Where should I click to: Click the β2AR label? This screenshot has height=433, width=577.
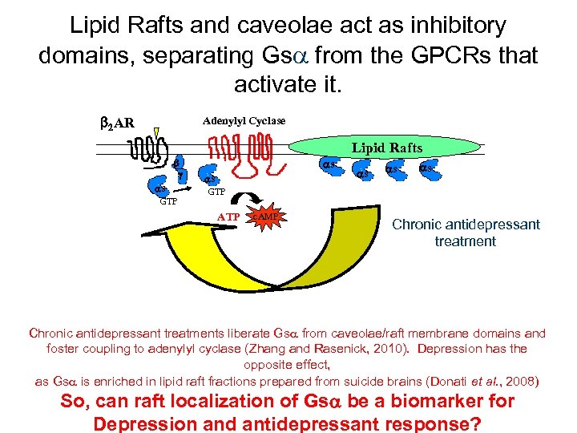coord(117,123)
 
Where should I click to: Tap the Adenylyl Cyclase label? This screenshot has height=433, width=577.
coord(244,120)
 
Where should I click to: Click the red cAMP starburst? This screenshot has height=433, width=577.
coord(266,216)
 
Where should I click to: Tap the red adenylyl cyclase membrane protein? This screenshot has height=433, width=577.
coord(240,152)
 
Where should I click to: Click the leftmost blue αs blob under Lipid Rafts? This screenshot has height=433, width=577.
coord(329,166)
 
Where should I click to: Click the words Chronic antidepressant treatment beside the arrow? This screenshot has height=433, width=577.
coord(466,233)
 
